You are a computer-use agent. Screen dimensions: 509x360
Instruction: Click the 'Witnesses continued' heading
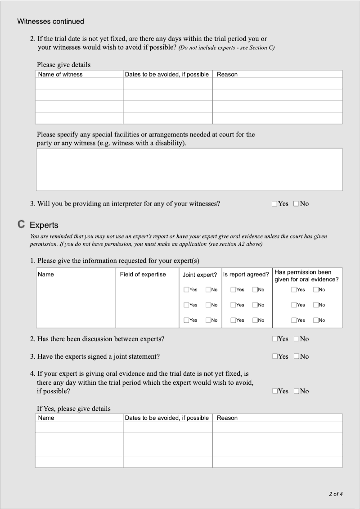[50, 21]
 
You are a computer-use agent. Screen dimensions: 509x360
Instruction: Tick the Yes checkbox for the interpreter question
[274, 204]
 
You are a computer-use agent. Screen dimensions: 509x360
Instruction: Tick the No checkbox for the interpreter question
[296, 204]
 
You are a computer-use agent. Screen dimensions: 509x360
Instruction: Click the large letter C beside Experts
[21, 224]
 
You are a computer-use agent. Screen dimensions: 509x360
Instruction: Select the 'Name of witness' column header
[60, 74]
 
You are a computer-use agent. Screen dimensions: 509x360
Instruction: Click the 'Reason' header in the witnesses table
[227, 74]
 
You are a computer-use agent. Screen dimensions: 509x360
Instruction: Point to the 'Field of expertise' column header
[143, 275]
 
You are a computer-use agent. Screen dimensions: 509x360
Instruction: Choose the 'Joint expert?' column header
[200, 275]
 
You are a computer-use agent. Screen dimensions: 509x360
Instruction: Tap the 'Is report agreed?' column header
[246, 275]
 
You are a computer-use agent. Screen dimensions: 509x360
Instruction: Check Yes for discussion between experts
[274, 339]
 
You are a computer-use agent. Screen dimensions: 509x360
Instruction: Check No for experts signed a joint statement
[296, 356]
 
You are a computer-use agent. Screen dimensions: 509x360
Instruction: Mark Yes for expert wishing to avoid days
[274, 391]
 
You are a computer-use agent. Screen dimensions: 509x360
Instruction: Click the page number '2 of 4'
[336, 494]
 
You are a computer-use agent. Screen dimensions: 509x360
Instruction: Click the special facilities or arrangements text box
[189, 169]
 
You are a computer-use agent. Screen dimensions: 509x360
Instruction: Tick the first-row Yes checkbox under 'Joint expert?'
[186, 290]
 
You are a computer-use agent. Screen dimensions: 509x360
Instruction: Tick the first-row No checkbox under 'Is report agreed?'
[255, 290]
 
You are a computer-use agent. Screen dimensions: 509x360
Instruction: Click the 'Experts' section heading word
[44, 225]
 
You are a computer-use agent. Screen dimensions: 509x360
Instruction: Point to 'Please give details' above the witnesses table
[63, 65]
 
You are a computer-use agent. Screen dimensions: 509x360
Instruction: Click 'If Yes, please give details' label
[73, 409]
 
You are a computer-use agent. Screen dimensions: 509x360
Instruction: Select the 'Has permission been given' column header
[306, 276]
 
